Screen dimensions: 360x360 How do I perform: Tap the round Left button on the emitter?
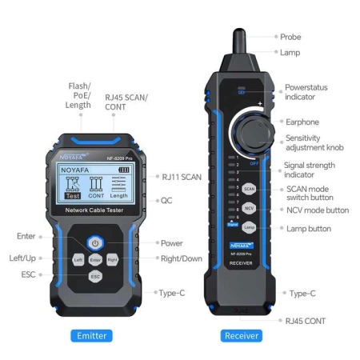[78, 260]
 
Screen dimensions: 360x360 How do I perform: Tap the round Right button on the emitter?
[112, 260]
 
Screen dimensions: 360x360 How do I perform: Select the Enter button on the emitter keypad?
[95, 260]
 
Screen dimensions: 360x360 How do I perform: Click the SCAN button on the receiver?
[249, 190]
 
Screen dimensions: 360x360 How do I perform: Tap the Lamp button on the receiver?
[249, 228]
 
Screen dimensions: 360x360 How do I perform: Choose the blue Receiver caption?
[242, 335]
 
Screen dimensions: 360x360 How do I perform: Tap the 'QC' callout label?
[167, 200]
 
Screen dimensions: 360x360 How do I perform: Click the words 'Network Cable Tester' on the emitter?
[95, 210]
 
